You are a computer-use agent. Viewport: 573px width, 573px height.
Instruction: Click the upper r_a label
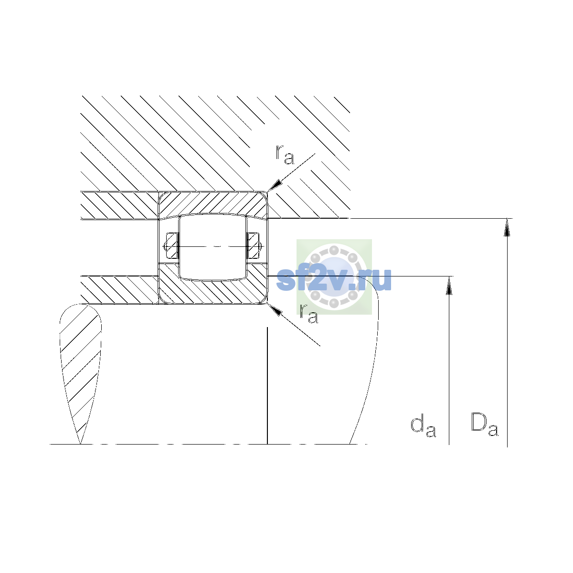(285, 155)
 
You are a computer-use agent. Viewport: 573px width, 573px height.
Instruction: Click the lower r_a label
(308, 313)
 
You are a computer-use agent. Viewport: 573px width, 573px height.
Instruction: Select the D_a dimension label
(484, 424)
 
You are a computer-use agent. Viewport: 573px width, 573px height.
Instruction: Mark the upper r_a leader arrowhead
(274, 186)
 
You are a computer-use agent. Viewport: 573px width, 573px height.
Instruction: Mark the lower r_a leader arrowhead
(274, 309)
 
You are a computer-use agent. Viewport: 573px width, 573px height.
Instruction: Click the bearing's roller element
(212, 247)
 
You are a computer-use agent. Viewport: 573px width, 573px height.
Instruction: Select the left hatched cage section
(172, 246)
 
